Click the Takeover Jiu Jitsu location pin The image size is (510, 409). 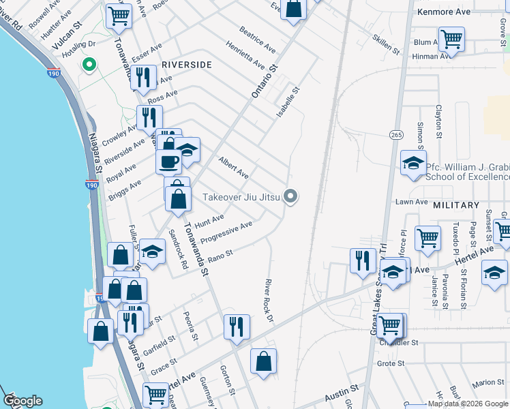point(291,197)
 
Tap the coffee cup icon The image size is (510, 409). point(168,161)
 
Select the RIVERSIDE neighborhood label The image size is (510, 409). point(187,64)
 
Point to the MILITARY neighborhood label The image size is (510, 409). point(456,205)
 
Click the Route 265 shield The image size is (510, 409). point(395,135)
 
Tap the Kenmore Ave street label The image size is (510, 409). point(444,12)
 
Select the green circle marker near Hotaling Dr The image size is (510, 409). point(88,65)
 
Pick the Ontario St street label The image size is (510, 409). point(266,81)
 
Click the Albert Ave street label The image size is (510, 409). point(233,166)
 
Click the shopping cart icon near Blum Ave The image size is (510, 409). point(451,39)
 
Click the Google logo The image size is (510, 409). point(22,401)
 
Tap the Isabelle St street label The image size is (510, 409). point(288,102)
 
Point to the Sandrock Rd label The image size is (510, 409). point(178,249)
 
